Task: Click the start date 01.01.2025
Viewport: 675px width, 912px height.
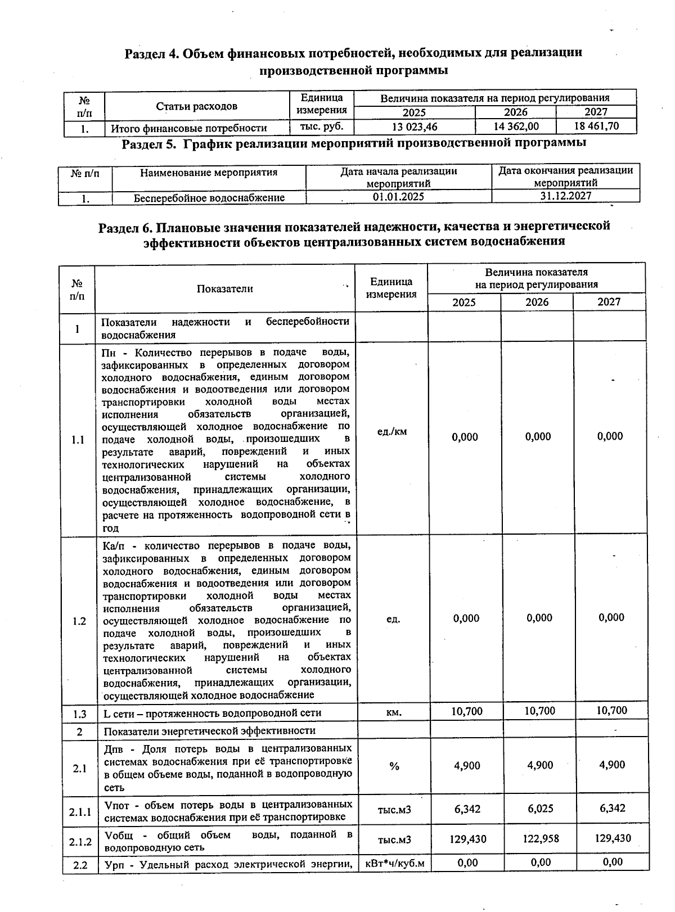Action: [x=398, y=197]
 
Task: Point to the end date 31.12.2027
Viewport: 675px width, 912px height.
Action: [x=565, y=196]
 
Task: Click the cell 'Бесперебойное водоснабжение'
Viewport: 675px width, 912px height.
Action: [x=209, y=198]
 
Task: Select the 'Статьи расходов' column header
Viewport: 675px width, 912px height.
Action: [x=196, y=106]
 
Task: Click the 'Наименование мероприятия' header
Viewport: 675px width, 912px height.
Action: [x=209, y=173]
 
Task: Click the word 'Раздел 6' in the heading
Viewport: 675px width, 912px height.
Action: [x=125, y=227]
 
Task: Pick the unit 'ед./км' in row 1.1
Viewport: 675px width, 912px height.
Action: [x=392, y=432]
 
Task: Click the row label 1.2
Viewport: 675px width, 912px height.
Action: [x=79, y=621]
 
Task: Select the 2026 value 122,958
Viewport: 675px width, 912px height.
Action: [x=540, y=838]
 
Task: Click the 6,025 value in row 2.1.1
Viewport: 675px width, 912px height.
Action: [x=540, y=809]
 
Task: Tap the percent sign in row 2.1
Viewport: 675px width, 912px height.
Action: [x=394, y=766]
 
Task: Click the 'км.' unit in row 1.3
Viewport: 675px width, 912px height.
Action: [x=394, y=713]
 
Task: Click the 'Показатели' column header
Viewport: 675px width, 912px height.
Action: [x=224, y=289]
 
